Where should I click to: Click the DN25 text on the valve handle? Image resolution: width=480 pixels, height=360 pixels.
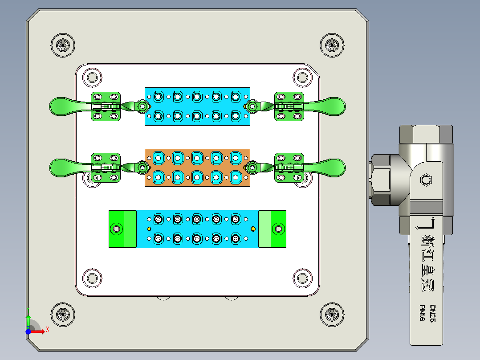coord(433,314)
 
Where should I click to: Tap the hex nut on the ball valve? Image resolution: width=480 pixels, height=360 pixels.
coord(426,180)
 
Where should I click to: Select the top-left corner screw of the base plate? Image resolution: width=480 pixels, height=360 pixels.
coord(63,45)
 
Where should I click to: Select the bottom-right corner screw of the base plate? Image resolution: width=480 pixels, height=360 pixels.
coord(332,315)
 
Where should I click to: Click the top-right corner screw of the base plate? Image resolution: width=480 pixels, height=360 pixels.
coord(332,45)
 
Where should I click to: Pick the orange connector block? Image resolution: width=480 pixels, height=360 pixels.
coord(197,168)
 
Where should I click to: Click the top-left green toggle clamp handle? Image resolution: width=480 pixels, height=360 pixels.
coord(62,106)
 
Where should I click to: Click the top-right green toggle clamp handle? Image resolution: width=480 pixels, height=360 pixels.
coord(332,106)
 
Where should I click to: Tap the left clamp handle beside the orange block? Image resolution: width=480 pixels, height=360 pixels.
coord(62,168)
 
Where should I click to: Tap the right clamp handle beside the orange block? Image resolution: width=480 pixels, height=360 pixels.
coord(332,167)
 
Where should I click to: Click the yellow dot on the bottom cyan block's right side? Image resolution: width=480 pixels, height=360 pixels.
coord(253,229)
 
